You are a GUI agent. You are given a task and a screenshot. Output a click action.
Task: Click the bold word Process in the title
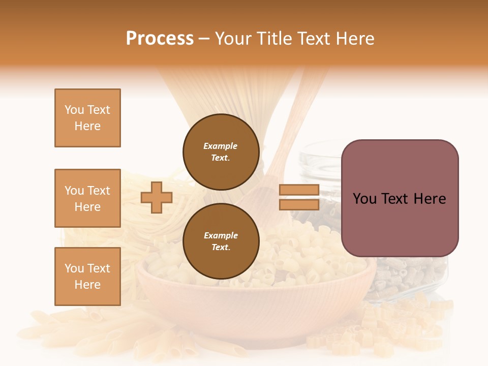[160, 39]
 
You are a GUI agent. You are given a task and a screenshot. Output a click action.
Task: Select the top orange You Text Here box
[87, 118]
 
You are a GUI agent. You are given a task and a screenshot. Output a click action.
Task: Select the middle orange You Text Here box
[87, 198]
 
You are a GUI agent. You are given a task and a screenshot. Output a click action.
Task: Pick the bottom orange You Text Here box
[87, 277]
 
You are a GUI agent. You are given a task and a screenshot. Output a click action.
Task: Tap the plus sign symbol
[157, 197]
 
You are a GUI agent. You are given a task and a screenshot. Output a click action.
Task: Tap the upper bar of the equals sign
[299, 190]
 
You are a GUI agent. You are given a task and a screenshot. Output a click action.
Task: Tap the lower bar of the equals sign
[299, 205]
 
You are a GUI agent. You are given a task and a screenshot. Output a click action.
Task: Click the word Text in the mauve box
[399, 199]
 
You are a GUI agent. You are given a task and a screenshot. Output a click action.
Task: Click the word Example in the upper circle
[220, 146]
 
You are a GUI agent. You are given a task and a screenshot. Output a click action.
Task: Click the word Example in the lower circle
[221, 235]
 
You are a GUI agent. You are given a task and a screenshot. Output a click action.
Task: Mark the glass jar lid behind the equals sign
[325, 152]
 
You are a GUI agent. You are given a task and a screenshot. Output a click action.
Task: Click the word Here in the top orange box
[87, 126]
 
